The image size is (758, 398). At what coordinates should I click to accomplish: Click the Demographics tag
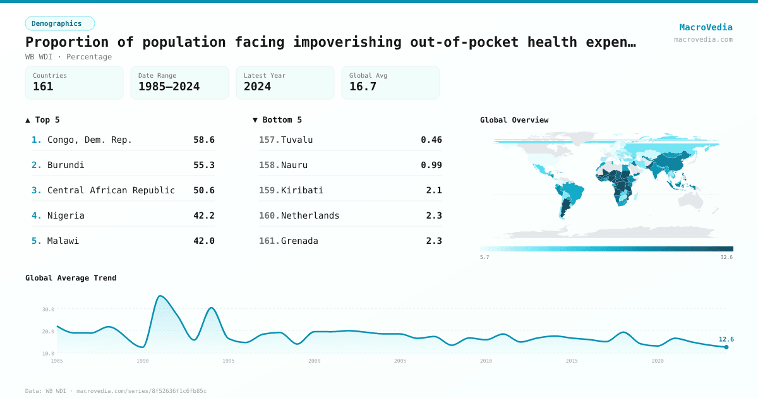(x=59, y=23)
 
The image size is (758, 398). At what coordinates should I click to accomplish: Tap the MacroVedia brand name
(x=706, y=27)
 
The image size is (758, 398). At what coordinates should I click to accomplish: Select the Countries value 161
(x=43, y=87)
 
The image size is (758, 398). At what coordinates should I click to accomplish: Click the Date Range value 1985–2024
(x=169, y=87)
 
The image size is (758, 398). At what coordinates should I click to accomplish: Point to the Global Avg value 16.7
(x=363, y=87)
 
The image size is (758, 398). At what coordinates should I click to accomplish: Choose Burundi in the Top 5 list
(x=66, y=165)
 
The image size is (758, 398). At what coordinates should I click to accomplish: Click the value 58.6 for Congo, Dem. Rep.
(x=203, y=140)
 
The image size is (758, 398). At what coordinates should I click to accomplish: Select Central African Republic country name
(x=111, y=190)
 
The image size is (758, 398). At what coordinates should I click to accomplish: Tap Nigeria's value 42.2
(x=203, y=215)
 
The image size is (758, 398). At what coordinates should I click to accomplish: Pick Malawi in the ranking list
(x=63, y=241)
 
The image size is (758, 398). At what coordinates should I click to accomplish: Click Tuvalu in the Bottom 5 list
(x=297, y=140)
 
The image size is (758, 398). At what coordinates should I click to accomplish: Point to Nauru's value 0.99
(x=431, y=165)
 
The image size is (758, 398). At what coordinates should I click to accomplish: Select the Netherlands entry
(x=310, y=215)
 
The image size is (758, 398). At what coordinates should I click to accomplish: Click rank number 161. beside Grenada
(x=269, y=241)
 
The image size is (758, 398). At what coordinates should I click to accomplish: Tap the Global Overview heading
(x=514, y=120)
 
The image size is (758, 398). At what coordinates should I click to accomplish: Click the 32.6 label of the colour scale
(x=726, y=258)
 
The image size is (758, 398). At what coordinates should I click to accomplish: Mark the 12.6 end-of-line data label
(x=726, y=339)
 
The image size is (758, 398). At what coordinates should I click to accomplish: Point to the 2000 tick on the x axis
(x=314, y=361)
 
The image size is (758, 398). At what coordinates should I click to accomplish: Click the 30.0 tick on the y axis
(x=49, y=310)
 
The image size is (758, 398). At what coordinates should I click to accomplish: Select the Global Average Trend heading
(x=71, y=278)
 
